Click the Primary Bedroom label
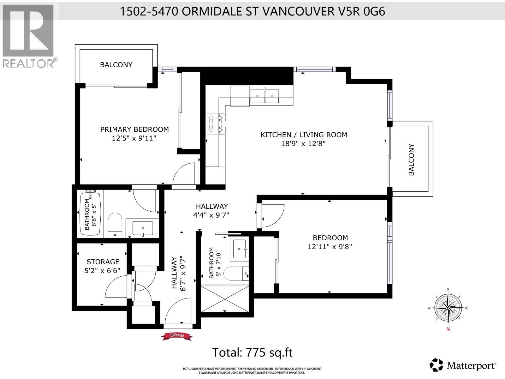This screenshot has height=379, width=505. click(x=134, y=129)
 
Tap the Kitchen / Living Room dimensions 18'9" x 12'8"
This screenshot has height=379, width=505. click(x=303, y=144)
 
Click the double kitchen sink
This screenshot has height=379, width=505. click(x=265, y=96)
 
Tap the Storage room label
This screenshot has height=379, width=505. click(x=103, y=262)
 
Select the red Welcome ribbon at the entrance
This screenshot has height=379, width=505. click(x=177, y=336)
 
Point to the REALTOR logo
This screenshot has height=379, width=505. click(x=29, y=36)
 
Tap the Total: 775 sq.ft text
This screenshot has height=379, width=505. click(x=252, y=352)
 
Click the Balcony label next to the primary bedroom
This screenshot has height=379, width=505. click(x=116, y=65)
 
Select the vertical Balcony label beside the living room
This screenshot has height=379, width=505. click(x=411, y=159)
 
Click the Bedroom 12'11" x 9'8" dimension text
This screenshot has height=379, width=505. click(x=330, y=246)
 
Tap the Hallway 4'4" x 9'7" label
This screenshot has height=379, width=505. click(x=211, y=215)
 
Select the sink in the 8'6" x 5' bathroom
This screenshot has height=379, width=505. click(x=143, y=228)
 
